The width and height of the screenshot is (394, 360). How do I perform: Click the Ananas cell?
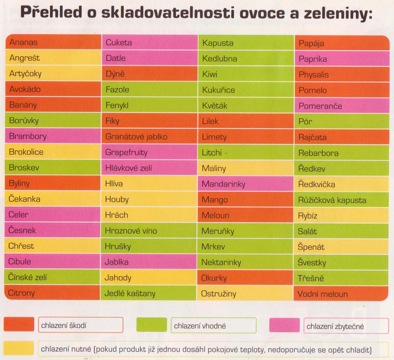53,42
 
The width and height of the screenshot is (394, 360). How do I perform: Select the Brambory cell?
53,136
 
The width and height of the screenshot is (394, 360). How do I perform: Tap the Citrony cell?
52,293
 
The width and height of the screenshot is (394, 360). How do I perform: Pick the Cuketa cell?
150,42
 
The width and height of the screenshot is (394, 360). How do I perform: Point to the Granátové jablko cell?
149,136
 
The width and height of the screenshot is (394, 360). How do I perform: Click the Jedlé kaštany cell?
148,293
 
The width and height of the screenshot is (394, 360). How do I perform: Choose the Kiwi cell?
246,74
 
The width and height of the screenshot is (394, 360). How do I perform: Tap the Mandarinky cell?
245,184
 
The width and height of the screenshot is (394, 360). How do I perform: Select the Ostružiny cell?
245,294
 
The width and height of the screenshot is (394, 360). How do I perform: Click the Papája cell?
342,43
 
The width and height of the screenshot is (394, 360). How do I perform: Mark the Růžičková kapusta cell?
341,200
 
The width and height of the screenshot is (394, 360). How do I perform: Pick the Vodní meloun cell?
341,294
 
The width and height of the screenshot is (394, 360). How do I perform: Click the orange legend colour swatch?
19,324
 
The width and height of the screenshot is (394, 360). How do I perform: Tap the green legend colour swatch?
152,325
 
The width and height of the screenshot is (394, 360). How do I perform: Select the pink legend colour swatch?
284,325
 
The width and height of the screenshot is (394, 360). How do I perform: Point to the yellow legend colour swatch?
19,348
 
